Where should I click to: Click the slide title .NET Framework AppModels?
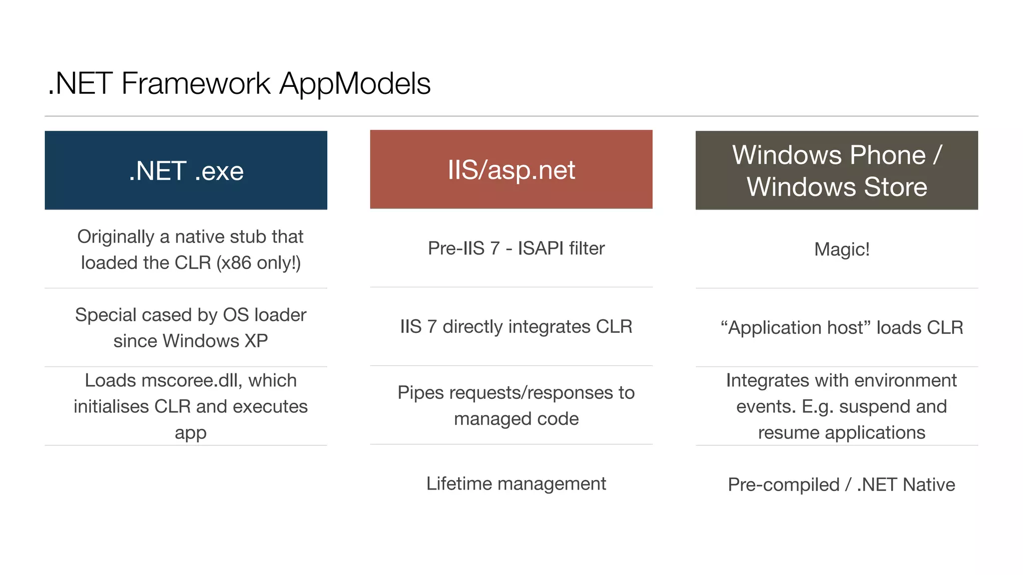pos(239,83)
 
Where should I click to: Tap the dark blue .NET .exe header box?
pos(186,170)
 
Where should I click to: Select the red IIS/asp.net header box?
pos(511,169)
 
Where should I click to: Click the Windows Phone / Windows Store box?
pos(837,170)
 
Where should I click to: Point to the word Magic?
pos(842,249)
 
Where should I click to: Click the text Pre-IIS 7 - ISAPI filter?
pos(516,248)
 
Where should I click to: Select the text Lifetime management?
pos(516,483)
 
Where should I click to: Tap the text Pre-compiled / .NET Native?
pos(841,484)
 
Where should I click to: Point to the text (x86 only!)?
pos(258,263)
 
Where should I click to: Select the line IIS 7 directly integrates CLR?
pos(516,326)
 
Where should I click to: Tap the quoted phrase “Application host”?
pos(795,327)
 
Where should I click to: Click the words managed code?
pos(516,418)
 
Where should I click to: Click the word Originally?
pos(115,237)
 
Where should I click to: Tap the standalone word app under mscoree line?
pos(190,432)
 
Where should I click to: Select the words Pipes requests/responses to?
pos(516,392)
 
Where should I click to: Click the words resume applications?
pos(841,432)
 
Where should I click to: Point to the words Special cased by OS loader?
pos(190,314)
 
